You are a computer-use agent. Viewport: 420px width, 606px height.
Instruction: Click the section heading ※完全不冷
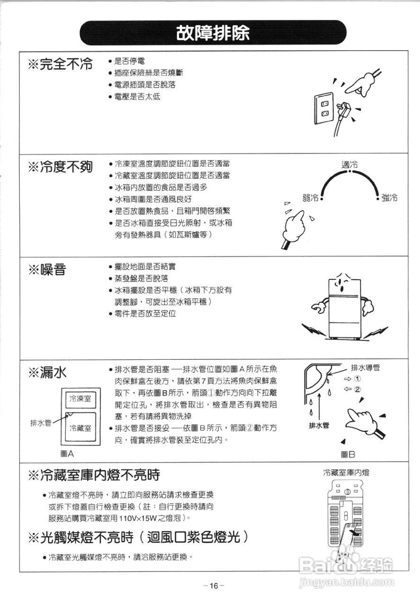click(60, 65)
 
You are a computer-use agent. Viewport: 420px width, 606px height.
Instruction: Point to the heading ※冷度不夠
click(60, 167)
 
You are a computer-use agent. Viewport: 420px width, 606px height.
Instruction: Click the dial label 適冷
click(349, 164)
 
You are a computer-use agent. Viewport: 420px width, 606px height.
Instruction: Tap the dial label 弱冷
click(310, 197)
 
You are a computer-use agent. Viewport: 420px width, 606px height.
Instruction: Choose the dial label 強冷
click(389, 197)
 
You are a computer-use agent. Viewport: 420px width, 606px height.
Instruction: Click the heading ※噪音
click(47, 270)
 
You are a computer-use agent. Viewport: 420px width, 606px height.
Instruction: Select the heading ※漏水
click(47, 373)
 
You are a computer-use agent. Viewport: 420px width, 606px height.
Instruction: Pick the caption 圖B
click(348, 454)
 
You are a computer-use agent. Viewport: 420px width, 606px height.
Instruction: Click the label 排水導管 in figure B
click(366, 367)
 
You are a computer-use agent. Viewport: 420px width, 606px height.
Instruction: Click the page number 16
click(214, 586)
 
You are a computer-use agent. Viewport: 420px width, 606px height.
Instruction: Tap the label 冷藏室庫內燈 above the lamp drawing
click(346, 472)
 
